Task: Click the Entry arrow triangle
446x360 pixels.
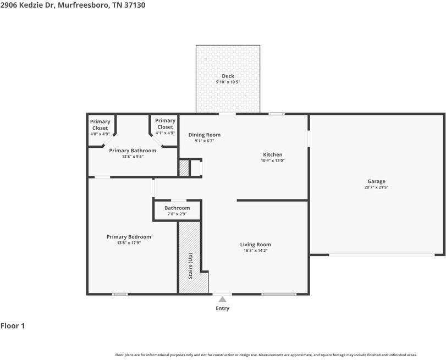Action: tap(222, 299)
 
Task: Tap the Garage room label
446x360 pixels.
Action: tap(376, 181)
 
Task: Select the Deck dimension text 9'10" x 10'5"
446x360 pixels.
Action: tap(228, 82)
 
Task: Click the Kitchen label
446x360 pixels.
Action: tap(272, 154)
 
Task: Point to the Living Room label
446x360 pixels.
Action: tap(255, 245)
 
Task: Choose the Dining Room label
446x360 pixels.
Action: tap(204, 135)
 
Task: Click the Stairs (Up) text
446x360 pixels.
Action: tap(190, 266)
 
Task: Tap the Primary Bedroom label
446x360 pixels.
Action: tap(129, 237)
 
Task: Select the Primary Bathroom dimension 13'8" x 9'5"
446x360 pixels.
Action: tap(133, 157)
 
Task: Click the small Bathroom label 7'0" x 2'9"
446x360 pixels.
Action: tap(177, 211)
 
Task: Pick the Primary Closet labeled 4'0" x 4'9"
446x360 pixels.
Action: tap(100, 128)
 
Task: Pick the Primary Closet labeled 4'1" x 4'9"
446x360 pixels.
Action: tap(166, 126)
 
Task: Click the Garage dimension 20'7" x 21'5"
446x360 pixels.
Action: tap(376, 187)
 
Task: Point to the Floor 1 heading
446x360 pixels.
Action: tap(13, 326)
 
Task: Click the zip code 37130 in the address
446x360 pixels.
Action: tap(135, 5)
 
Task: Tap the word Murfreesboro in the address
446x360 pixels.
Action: tap(83, 5)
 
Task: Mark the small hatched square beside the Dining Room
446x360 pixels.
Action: tap(184, 168)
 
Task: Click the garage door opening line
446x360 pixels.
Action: tap(382, 255)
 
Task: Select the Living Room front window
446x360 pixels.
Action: tap(279, 294)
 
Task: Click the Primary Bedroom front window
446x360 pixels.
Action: tap(120, 294)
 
